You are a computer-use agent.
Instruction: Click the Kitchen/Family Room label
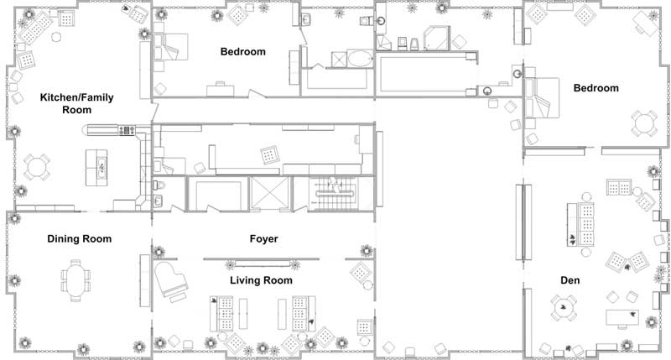click(77, 103)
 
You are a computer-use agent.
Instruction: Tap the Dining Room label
click(80, 239)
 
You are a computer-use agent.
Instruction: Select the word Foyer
click(263, 239)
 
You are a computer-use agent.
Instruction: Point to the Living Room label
click(261, 280)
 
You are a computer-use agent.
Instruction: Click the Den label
click(570, 280)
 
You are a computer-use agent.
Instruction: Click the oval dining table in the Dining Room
click(75, 280)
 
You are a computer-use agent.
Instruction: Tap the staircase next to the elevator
click(333, 194)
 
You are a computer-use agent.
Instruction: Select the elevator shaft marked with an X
click(269, 193)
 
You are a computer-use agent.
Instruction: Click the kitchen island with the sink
click(96, 167)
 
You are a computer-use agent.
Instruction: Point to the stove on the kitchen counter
click(127, 130)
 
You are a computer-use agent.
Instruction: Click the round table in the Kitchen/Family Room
click(37, 167)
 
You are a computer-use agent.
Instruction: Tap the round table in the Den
click(563, 307)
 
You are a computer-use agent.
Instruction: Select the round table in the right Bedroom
click(643, 123)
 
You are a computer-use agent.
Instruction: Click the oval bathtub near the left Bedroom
click(360, 59)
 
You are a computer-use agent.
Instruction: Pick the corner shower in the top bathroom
click(436, 38)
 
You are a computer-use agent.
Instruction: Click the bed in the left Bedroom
click(171, 47)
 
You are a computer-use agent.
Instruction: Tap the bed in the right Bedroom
click(542, 98)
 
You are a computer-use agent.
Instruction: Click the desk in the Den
click(622, 317)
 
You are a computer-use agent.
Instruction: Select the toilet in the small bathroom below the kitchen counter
click(158, 185)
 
